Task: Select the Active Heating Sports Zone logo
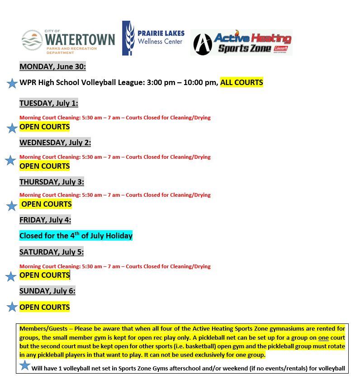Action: tap(241, 43)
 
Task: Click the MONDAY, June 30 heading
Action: tap(52, 66)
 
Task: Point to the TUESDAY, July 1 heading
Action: tap(48, 103)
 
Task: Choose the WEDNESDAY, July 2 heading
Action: tap(55, 142)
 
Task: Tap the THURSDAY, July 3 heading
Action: tap(52, 182)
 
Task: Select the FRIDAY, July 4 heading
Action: tap(45, 220)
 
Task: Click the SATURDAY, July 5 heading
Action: tap(51, 252)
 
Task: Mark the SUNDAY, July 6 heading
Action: tap(47, 291)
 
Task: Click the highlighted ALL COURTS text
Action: tap(242, 82)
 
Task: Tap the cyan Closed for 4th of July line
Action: tap(76, 236)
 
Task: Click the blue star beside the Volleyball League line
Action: tap(12, 83)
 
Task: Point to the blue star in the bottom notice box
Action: tap(25, 365)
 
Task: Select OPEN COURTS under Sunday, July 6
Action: tap(44, 307)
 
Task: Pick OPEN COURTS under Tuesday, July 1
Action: tap(44, 127)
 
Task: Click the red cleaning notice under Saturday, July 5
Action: tap(115, 266)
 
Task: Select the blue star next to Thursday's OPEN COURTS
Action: tap(12, 206)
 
